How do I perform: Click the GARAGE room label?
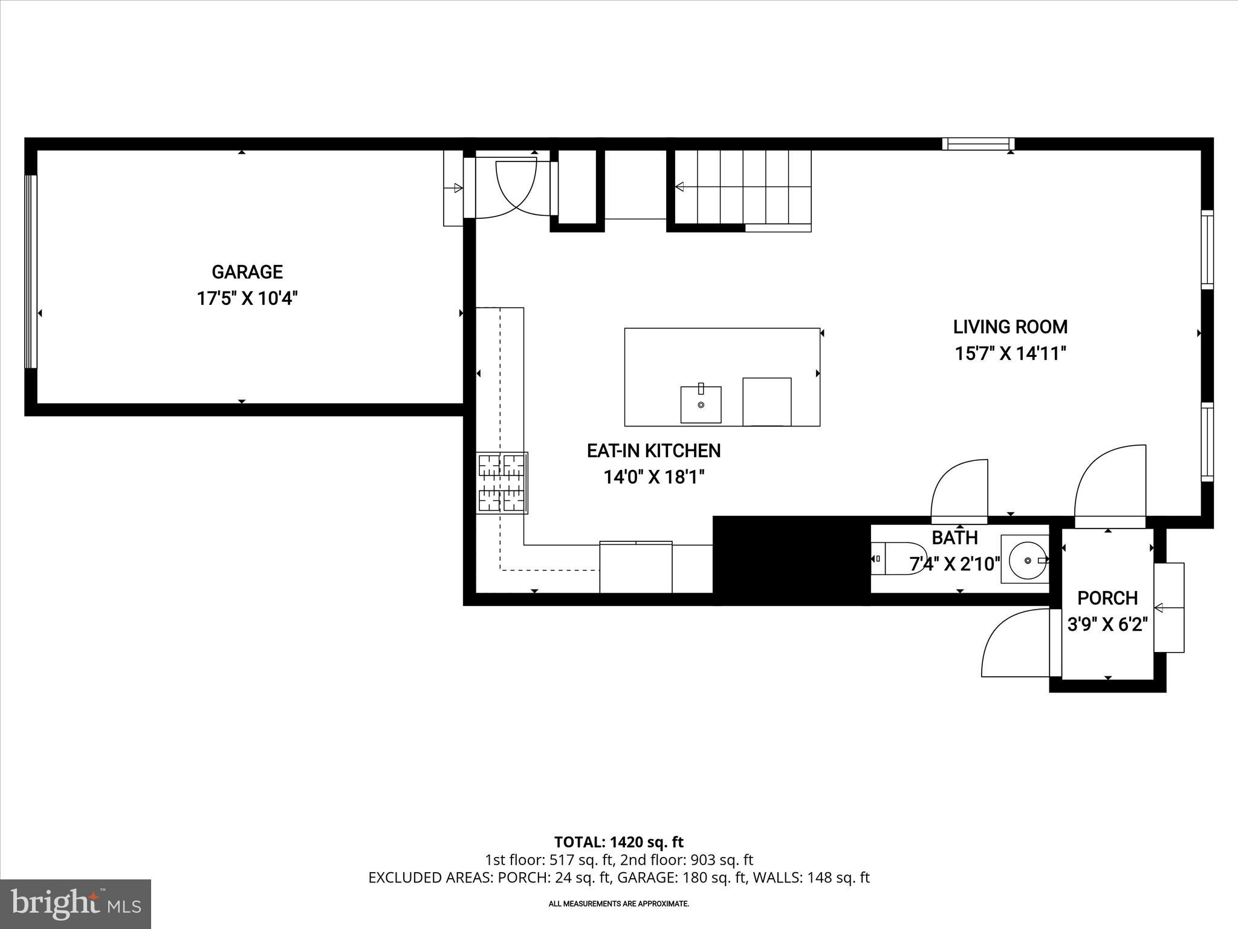(x=247, y=272)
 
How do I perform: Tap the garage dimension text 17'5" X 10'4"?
(x=247, y=299)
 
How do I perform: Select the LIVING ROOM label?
(x=1010, y=327)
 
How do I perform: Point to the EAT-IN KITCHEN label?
(x=653, y=451)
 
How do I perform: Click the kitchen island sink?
(x=701, y=404)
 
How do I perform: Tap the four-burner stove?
(x=502, y=483)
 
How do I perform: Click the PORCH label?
(x=1107, y=598)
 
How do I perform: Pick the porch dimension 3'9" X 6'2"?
(x=1107, y=624)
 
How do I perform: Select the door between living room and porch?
(x=1110, y=484)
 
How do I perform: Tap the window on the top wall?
(x=977, y=144)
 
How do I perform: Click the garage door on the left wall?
(x=30, y=272)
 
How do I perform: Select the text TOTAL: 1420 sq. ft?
(x=618, y=842)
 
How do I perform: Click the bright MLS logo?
(x=76, y=904)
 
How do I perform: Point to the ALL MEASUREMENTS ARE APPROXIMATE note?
(x=618, y=904)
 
